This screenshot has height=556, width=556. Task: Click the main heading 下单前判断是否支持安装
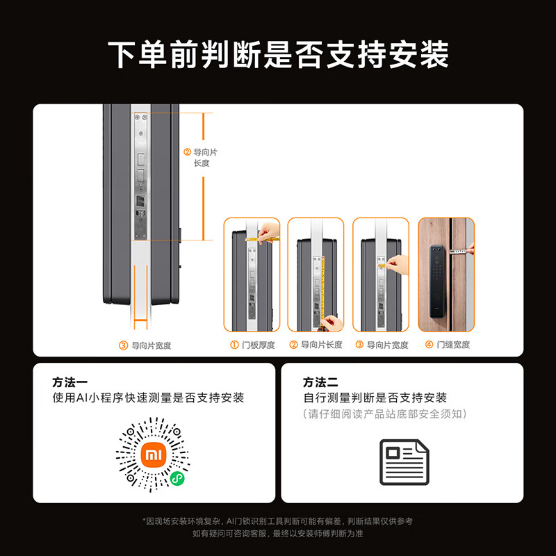[278, 55]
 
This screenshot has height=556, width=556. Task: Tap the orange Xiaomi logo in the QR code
[153, 456]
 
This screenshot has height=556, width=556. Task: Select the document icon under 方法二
[404, 462]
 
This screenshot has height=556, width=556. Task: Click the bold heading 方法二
[320, 382]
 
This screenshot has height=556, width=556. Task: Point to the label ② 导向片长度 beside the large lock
[201, 158]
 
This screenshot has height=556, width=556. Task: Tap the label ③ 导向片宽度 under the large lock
[145, 345]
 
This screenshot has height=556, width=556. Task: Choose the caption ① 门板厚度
[252, 345]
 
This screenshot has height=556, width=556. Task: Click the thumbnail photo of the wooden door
[446, 275]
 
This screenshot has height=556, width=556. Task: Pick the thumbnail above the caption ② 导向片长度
[316, 275]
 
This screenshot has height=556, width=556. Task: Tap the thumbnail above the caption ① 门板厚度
[252, 275]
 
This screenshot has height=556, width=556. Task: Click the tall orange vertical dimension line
[203, 177]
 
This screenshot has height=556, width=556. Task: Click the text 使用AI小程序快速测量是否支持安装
[148, 398]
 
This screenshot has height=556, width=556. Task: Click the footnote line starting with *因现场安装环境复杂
[278, 521]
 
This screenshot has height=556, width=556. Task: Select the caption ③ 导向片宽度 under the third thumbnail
[382, 345]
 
